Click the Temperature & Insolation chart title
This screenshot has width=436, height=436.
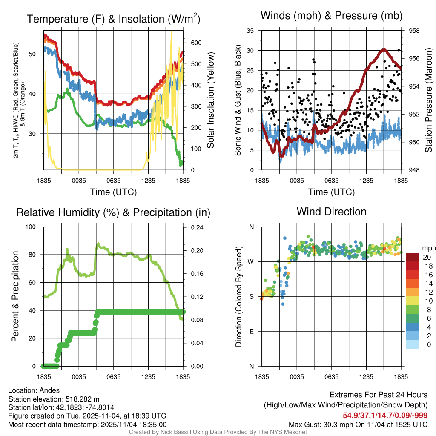113,19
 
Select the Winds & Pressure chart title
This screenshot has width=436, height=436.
331,16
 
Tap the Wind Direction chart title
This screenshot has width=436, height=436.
331,211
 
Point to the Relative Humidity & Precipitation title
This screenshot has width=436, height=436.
113,212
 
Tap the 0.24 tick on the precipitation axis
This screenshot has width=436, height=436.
197,227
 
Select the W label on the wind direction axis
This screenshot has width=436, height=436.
251,262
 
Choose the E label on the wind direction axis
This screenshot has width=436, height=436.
252,331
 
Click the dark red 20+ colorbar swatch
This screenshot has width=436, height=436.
412,258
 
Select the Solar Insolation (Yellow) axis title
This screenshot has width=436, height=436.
210,100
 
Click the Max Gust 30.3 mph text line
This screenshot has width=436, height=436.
358,424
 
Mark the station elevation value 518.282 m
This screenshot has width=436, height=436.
82,399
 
